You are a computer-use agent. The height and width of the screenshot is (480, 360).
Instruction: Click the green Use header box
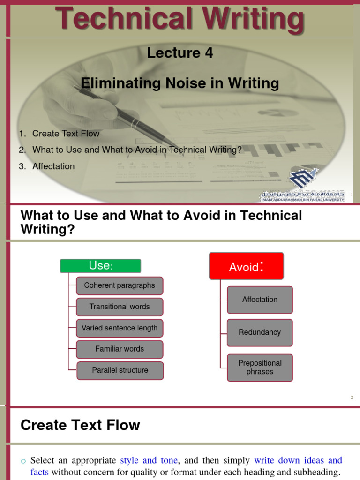[100, 266]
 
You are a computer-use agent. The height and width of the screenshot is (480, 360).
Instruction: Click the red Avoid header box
[246, 266]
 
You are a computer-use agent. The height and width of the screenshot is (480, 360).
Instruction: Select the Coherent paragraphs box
[120, 285]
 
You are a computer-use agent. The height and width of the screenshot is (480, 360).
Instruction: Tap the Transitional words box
[120, 307]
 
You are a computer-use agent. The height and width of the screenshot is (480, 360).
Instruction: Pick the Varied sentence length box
[120, 328]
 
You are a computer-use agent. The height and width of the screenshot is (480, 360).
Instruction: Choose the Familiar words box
[120, 349]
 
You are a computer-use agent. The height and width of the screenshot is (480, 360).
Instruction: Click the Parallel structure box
[120, 370]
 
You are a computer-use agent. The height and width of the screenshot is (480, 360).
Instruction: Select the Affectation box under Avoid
[260, 300]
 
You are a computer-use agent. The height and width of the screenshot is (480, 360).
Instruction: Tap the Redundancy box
[260, 332]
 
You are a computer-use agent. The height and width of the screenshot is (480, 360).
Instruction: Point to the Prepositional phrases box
[260, 367]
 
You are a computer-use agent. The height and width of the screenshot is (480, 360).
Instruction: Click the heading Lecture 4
[180, 53]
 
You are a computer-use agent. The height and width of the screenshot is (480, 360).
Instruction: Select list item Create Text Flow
[66, 134]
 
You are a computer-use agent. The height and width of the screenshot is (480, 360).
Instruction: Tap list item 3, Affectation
[53, 166]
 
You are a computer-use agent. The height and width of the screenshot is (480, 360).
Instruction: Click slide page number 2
[352, 397]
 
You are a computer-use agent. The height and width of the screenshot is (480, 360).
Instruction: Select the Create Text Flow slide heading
[80, 425]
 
